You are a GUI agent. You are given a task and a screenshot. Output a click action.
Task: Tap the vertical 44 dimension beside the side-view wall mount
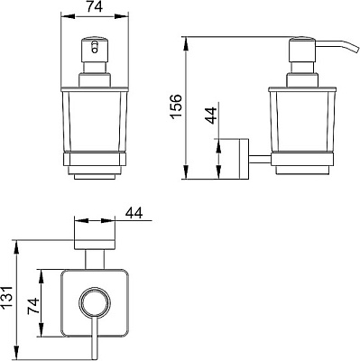(209, 116)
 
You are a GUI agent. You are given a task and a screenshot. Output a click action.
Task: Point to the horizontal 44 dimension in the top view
(135, 212)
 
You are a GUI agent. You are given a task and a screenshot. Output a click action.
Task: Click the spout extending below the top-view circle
(92, 338)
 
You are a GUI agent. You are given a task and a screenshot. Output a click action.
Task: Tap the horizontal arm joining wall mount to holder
(258, 160)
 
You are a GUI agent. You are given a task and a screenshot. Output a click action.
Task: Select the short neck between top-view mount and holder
(92, 263)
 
